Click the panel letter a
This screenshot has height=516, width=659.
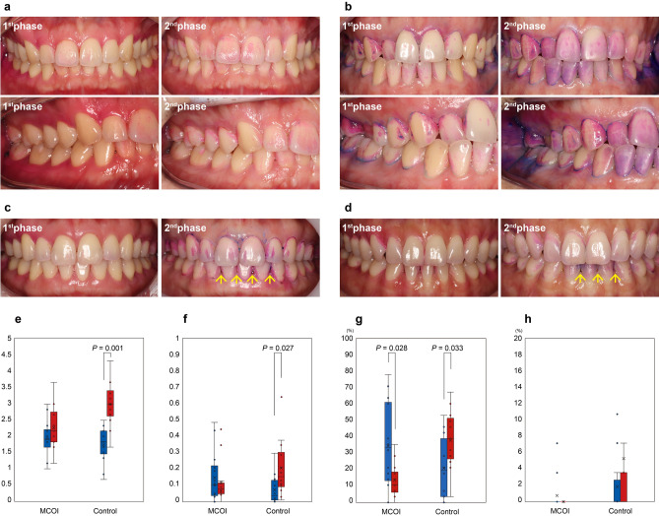tap(5, 6)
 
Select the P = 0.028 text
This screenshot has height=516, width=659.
tap(395, 348)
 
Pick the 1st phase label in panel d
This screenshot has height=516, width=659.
tap(357, 228)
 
